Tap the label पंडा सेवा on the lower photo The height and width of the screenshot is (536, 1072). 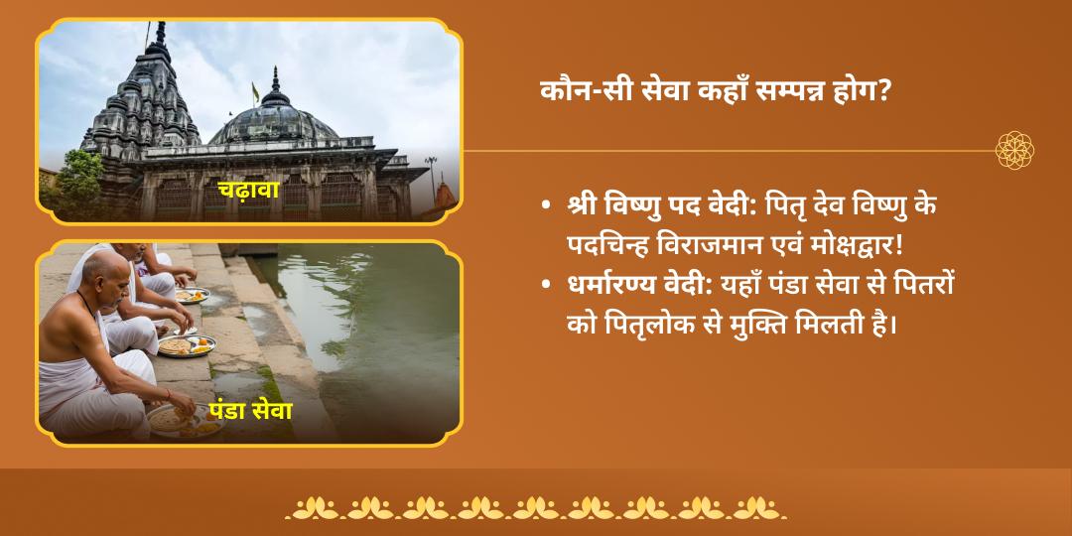[250, 410]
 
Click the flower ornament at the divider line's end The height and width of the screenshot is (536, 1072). [1014, 151]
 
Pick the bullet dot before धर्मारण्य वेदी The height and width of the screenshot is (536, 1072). [547, 285]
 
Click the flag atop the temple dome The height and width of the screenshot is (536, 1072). [255, 91]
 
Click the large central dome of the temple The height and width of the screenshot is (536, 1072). [274, 124]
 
